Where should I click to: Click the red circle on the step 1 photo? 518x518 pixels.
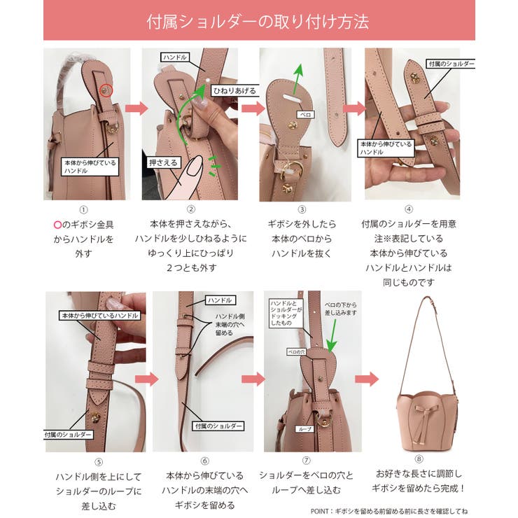(x=106, y=89)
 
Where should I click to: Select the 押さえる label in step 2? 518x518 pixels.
(x=162, y=162)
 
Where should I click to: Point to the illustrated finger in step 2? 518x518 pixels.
(x=187, y=179)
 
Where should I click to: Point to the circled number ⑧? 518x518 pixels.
(x=419, y=459)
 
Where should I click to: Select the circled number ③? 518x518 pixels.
(x=302, y=209)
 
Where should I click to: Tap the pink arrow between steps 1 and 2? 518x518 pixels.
(x=136, y=108)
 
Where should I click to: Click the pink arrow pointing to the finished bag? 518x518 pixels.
(x=366, y=379)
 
